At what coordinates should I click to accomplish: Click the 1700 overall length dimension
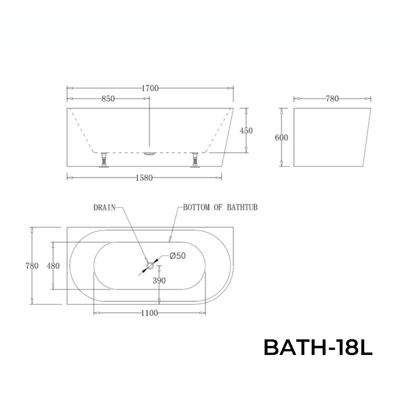coord(150,88)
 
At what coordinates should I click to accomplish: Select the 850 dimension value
coord(108,99)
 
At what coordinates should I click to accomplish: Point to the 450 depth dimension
coord(246,131)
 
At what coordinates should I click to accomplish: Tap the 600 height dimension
coord(281,138)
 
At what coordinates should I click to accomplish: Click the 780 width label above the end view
coord(332,99)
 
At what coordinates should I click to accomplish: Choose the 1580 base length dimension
coord(144,178)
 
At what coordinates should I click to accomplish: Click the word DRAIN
coord(104,208)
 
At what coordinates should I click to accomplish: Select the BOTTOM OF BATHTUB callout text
coord(220,208)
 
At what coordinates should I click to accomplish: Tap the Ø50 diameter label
coord(177,256)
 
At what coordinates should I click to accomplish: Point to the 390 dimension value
coord(159,281)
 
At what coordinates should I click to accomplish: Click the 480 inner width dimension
coord(53,266)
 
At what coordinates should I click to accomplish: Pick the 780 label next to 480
coord(32,266)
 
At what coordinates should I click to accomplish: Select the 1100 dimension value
coord(149,313)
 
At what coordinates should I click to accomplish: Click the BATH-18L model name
coord(318,348)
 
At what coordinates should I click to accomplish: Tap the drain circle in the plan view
coord(150,265)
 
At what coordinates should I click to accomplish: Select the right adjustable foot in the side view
coord(195,160)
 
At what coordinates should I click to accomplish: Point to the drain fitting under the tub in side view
coord(150,154)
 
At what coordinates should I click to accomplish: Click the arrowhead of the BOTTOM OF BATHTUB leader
coord(170,240)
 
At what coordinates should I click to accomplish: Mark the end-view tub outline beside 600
coord(330,137)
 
